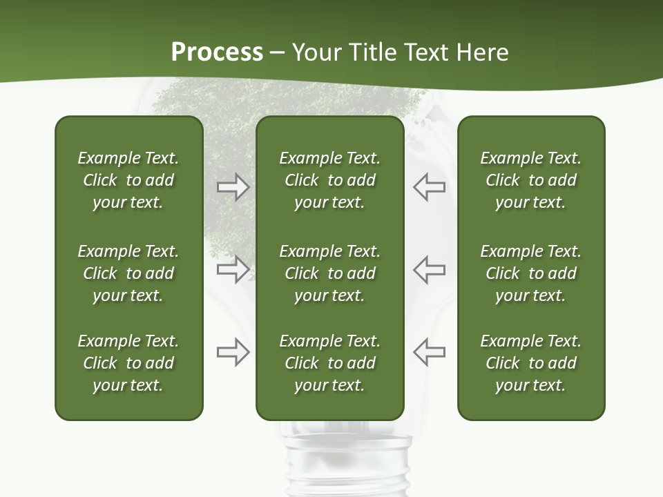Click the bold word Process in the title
(x=217, y=52)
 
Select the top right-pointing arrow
(x=233, y=187)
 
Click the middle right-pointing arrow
(x=233, y=269)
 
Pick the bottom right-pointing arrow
(x=233, y=352)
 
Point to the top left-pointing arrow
(x=430, y=187)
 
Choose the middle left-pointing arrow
(x=430, y=269)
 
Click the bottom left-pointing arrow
(x=430, y=352)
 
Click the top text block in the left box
(x=128, y=180)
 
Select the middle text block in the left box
(x=128, y=273)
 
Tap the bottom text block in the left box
(x=128, y=363)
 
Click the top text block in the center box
(x=329, y=180)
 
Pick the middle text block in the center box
(x=329, y=273)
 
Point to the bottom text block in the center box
(x=329, y=363)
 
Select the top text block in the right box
(x=530, y=180)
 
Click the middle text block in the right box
(x=530, y=273)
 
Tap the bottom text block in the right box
(x=530, y=363)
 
